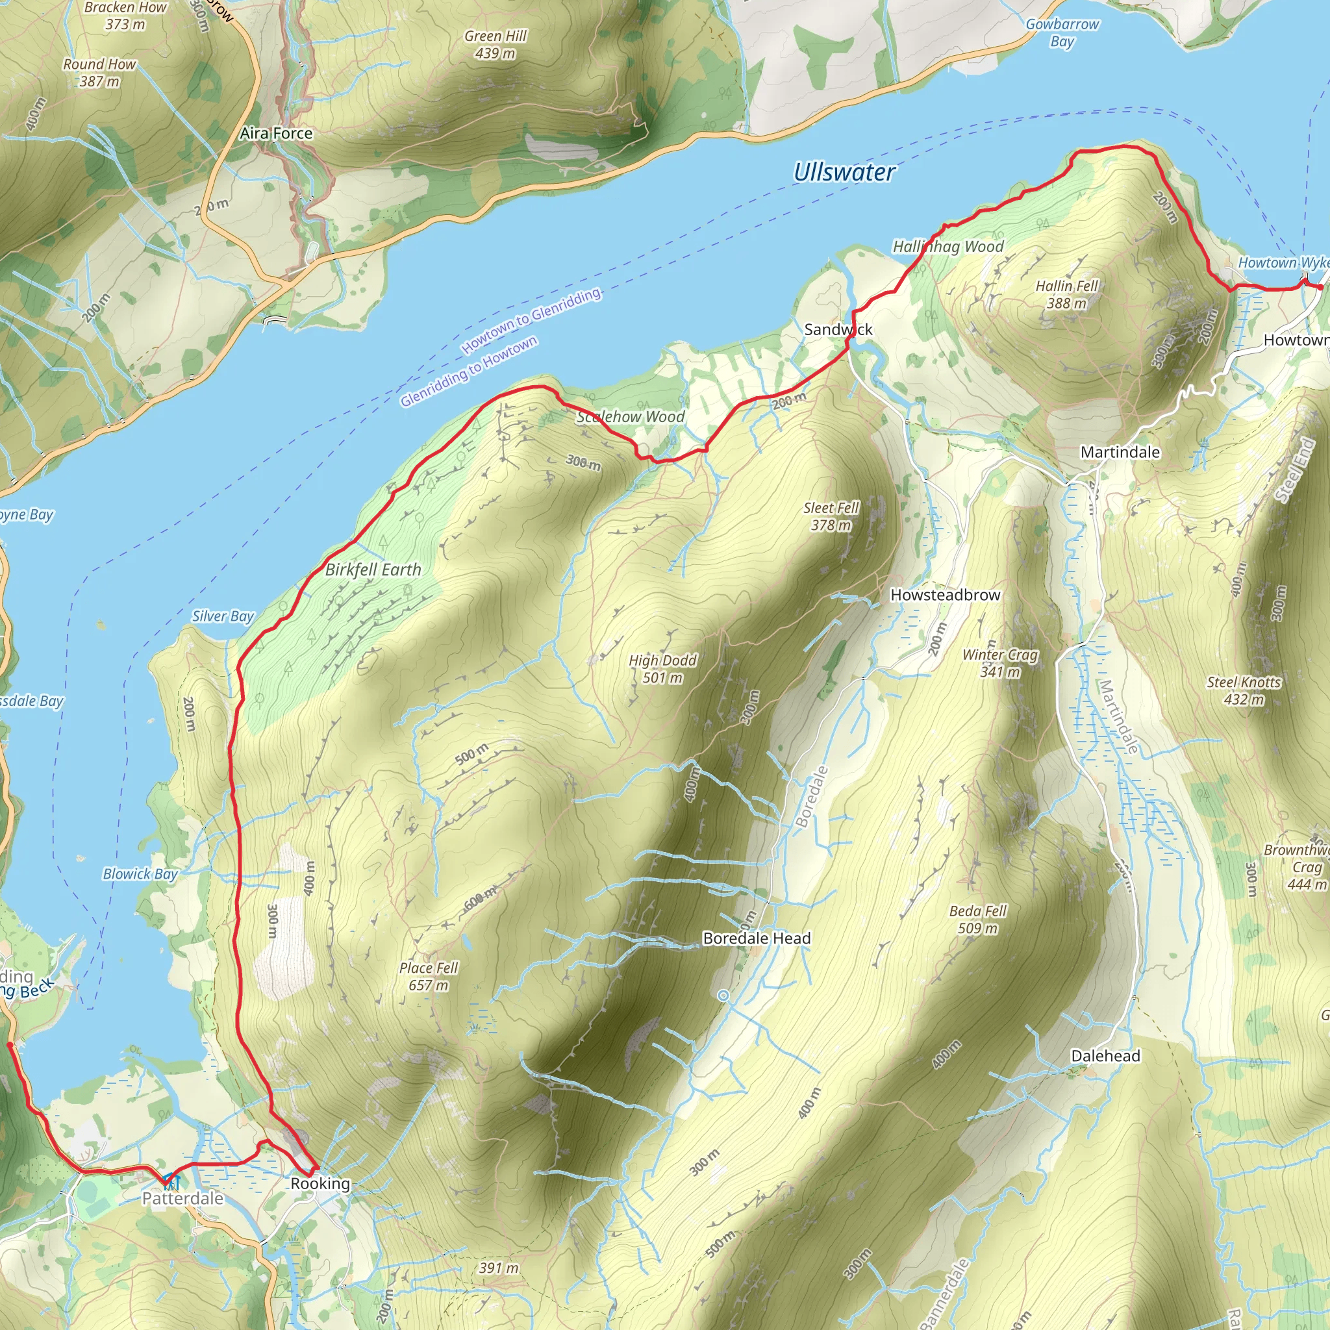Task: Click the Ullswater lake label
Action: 844,172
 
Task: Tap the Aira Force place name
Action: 276,134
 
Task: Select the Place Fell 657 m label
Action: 428,976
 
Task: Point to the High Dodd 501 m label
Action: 663,668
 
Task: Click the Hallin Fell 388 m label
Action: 1066,294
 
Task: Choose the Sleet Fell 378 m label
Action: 831,516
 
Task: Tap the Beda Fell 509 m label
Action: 977,919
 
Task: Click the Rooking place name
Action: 320,1183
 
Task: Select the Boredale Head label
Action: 757,938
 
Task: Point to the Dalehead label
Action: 1105,1056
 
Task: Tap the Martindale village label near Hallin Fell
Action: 1120,452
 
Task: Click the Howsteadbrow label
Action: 945,595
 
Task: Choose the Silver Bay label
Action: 223,616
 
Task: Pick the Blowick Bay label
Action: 140,873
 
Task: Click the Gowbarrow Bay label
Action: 1062,32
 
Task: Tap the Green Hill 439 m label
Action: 495,45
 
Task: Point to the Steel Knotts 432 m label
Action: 1244,690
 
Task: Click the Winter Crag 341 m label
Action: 999,663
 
